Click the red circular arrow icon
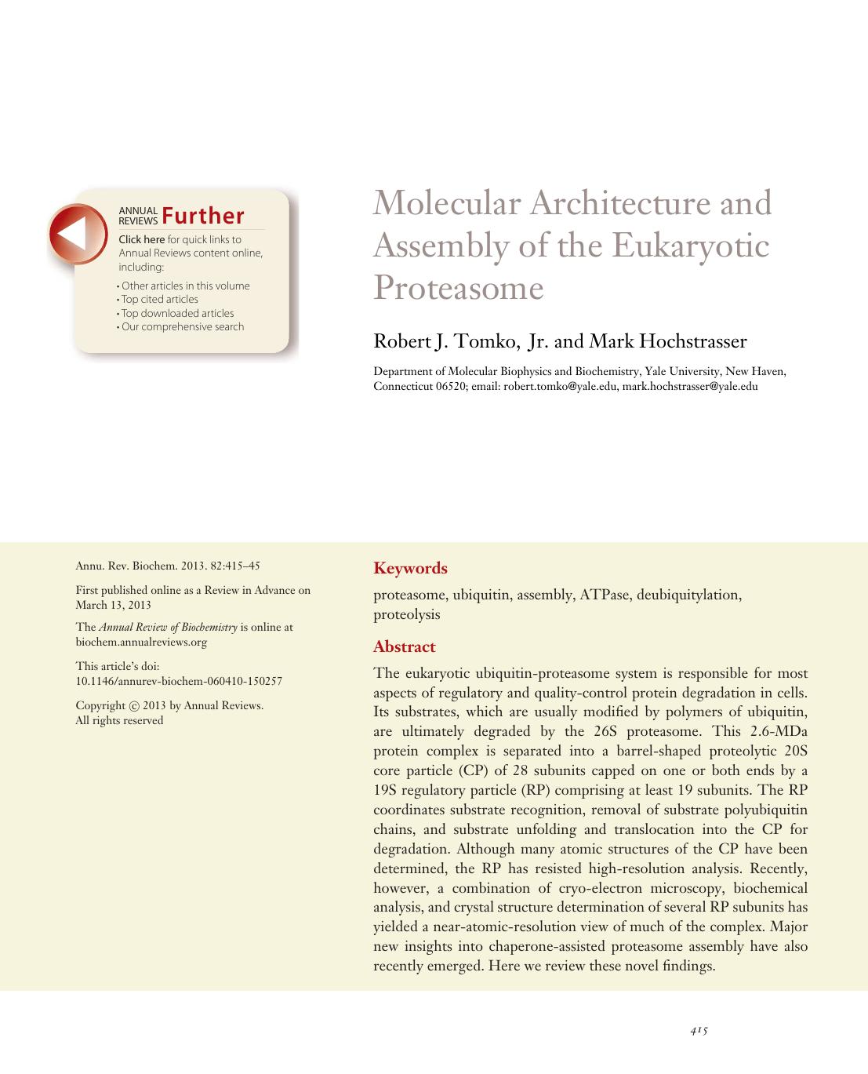(78, 233)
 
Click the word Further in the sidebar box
(204, 216)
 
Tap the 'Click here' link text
(141, 239)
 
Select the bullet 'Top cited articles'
(159, 300)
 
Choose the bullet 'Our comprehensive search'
(182, 326)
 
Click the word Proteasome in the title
(458, 288)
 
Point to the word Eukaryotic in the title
(690, 246)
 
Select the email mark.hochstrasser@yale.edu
(690, 386)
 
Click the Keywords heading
(410, 568)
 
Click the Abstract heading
(404, 646)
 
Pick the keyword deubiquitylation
(688, 595)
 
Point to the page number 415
(699, 1031)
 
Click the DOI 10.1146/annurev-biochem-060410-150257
(178, 681)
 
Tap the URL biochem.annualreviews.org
(141, 642)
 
